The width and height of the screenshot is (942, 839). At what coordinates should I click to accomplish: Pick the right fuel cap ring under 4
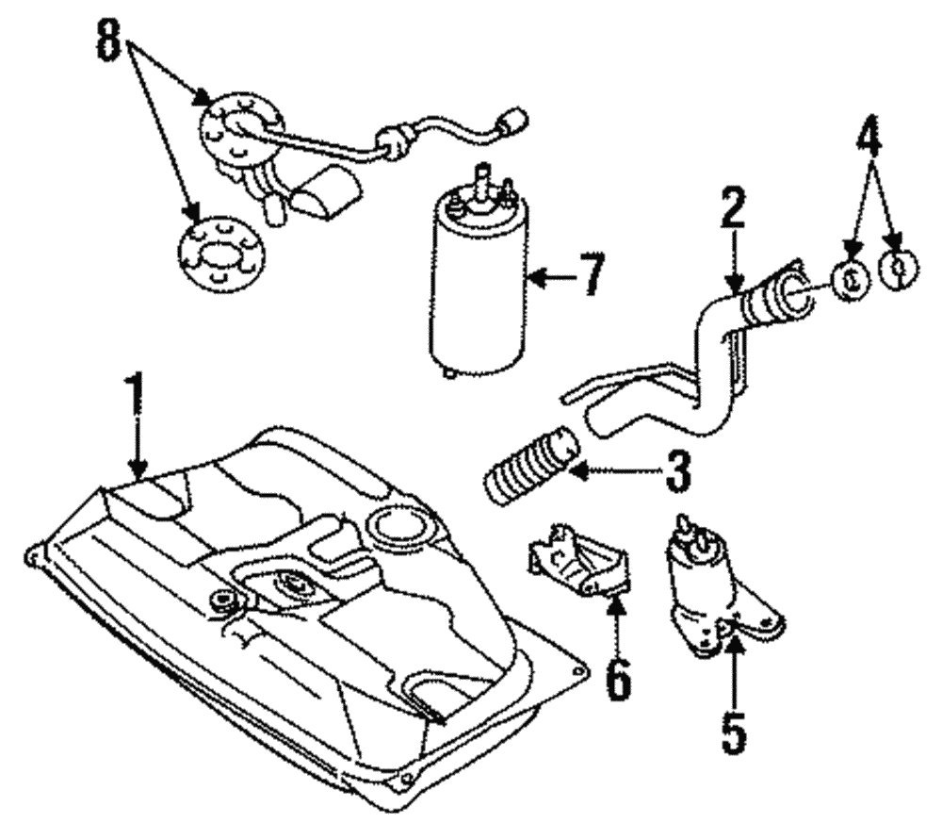click(897, 271)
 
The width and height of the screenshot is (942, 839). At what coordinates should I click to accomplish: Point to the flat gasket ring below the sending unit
click(222, 253)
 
